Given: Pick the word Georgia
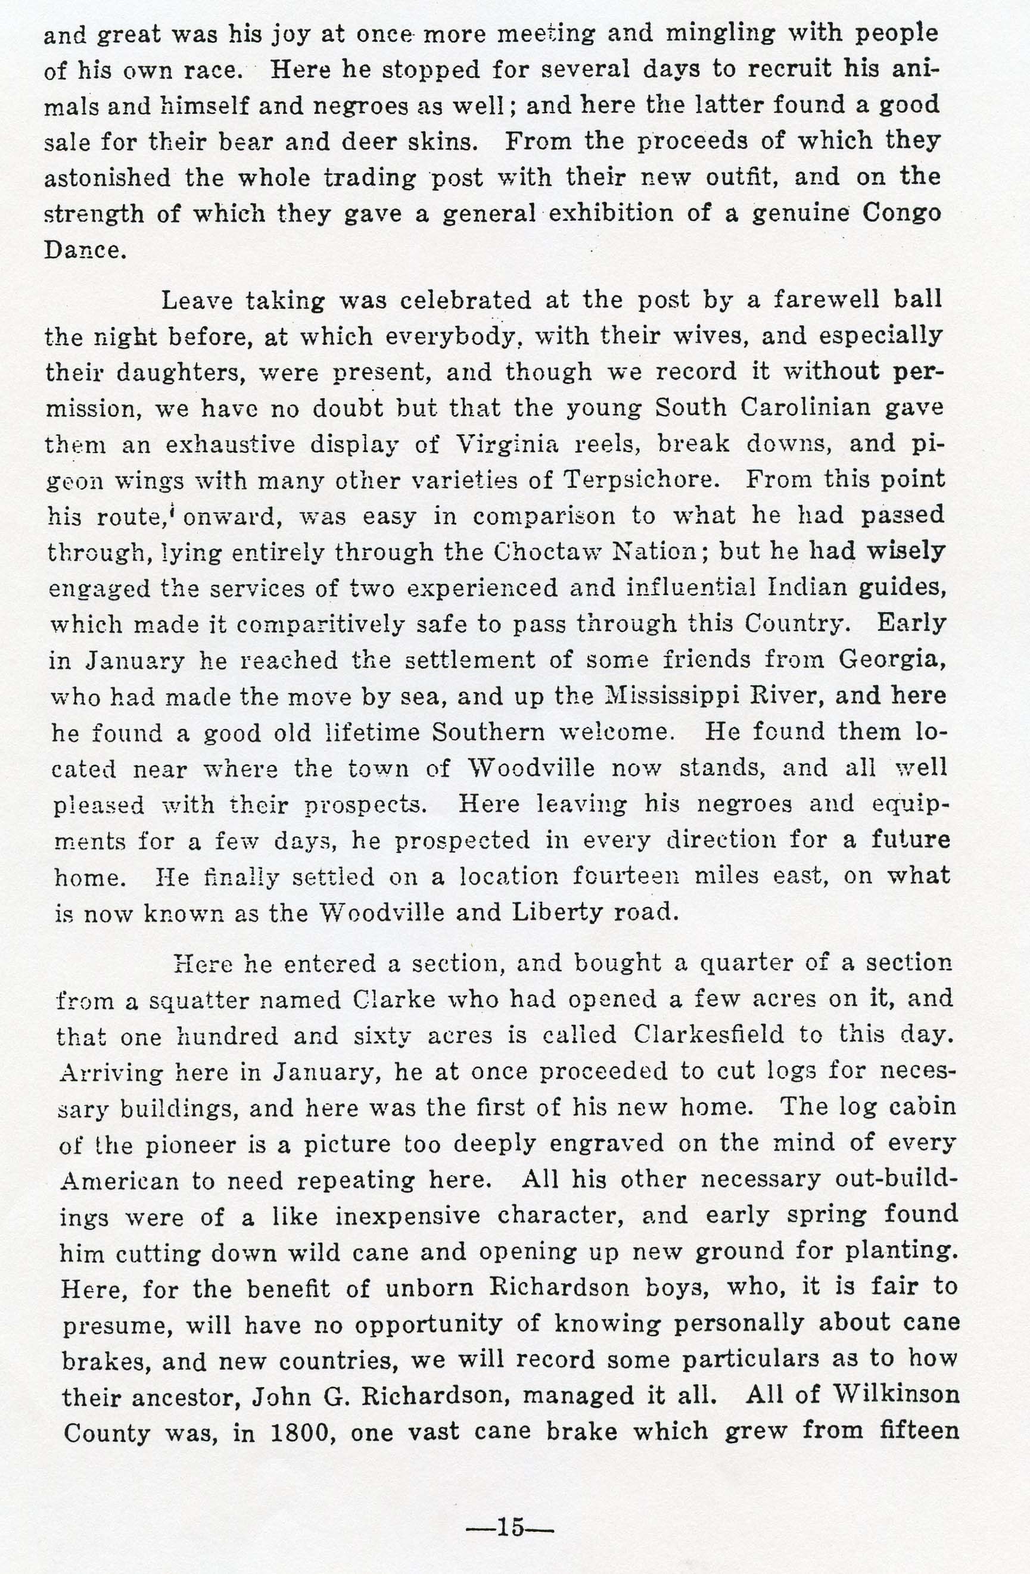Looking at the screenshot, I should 892,660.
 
